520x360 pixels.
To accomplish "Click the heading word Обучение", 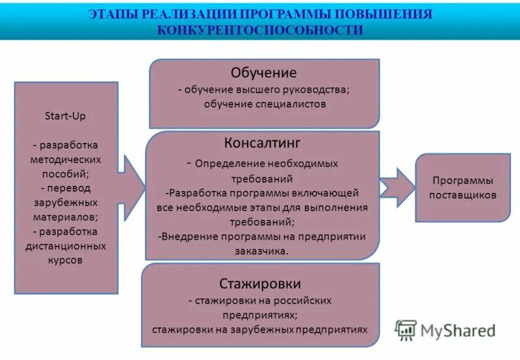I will [263, 73].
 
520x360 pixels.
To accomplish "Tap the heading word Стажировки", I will [260, 283].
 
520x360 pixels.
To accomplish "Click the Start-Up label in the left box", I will [65, 116].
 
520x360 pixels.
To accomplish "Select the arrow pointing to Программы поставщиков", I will [396, 187].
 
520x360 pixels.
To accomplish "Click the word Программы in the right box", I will [462, 180].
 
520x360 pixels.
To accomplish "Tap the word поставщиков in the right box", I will [462, 195].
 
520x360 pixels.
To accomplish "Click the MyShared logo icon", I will [406, 331].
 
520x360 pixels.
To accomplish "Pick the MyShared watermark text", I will [458, 331].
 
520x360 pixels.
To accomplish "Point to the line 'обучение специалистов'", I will [264, 104].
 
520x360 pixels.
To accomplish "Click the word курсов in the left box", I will [65, 260].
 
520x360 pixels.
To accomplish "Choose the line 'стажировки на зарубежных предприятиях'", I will [260, 329].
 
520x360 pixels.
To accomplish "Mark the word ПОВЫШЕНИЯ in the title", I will [392, 14].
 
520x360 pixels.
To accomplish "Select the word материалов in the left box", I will [64, 217].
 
